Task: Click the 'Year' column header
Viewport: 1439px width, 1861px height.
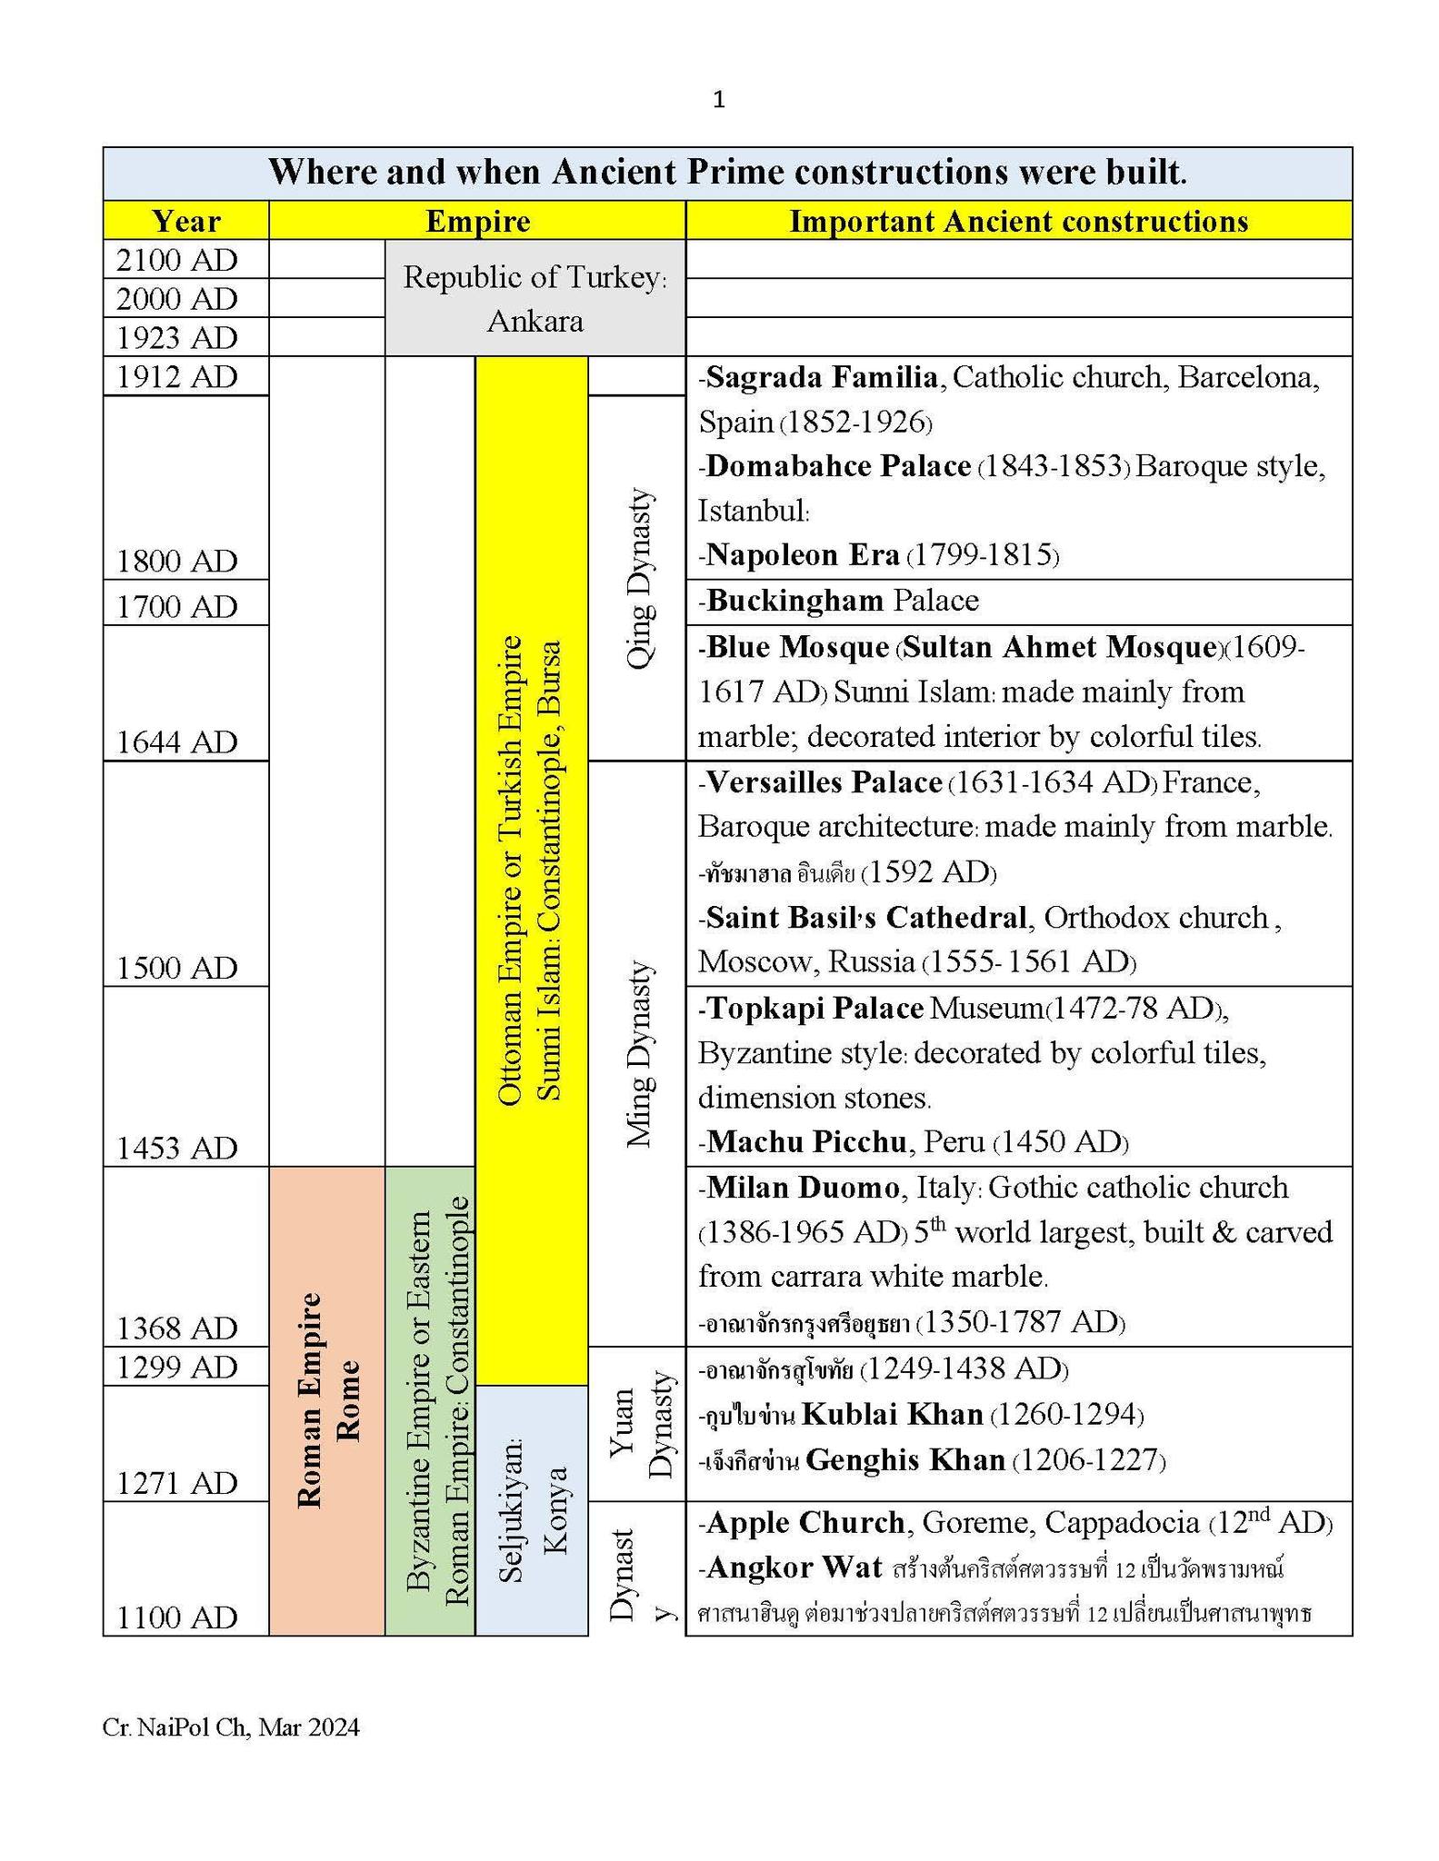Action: [x=185, y=221]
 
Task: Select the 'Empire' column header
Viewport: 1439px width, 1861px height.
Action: [x=477, y=221]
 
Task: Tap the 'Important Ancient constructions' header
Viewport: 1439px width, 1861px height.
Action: [x=1018, y=221]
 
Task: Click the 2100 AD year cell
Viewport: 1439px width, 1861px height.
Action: [x=177, y=260]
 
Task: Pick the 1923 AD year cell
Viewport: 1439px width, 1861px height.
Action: [x=177, y=337]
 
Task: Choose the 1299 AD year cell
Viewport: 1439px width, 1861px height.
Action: [x=177, y=1366]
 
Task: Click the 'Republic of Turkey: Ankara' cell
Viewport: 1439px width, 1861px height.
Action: [x=535, y=298]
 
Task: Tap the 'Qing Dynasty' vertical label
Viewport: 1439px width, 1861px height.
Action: [x=640, y=580]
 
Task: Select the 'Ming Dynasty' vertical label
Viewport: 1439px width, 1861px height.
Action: [x=640, y=1054]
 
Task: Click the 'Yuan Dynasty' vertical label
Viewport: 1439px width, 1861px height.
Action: [x=642, y=1424]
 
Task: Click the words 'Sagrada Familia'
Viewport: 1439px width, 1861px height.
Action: [x=822, y=376]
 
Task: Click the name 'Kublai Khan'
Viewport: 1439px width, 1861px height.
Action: [x=893, y=1414]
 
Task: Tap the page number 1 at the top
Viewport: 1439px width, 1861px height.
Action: [x=719, y=100]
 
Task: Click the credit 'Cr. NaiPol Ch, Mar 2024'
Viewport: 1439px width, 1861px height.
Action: [x=231, y=1727]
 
